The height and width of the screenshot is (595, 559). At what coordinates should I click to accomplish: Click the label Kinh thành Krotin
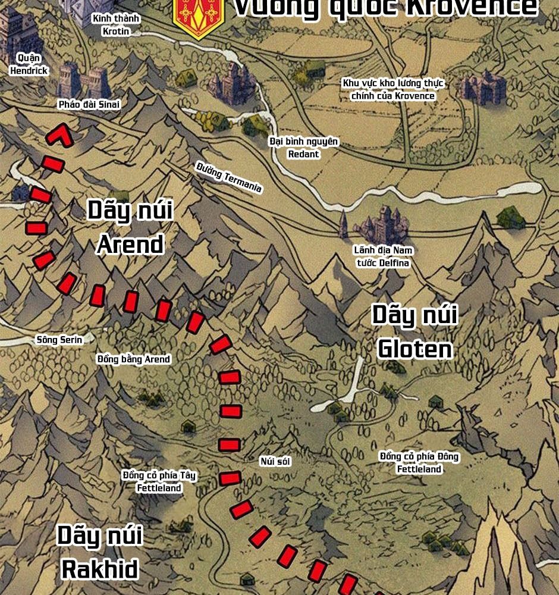[116, 25]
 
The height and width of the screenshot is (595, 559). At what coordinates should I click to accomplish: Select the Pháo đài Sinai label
[89, 105]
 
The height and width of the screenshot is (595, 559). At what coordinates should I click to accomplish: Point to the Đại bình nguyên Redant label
[303, 148]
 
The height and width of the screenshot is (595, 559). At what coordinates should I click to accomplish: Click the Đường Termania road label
[229, 177]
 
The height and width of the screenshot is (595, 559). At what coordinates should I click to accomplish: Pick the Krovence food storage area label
[393, 90]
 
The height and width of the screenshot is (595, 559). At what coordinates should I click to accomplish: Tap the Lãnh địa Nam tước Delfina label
[383, 256]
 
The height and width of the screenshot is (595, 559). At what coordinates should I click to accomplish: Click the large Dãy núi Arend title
[130, 227]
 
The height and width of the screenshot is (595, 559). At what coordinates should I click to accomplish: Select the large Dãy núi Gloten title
[414, 331]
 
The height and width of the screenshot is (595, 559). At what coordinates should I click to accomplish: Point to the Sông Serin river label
[59, 340]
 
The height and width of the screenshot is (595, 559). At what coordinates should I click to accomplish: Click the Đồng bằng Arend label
[134, 359]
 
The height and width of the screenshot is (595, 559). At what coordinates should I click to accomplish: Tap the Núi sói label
[275, 461]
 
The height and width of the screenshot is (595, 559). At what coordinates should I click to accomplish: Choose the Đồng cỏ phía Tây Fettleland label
[159, 481]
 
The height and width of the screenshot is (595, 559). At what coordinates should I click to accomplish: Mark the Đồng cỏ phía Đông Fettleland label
[419, 462]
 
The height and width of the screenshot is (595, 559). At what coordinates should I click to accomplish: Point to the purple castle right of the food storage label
[482, 88]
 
